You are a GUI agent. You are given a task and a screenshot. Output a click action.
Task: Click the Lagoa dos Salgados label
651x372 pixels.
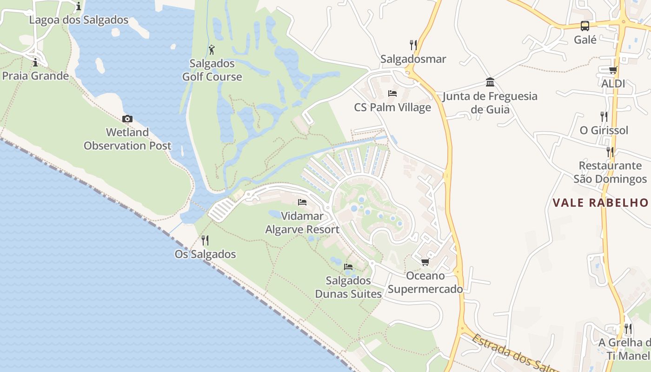click(x=79, y=20)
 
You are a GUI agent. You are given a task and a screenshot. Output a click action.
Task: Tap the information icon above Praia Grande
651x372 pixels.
click(x=35, y=62)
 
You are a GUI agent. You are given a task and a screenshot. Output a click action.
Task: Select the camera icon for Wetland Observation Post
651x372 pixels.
click(x=127, y=119)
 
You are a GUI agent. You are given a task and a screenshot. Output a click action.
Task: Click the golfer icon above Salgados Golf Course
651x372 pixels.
click(x=212, y=49)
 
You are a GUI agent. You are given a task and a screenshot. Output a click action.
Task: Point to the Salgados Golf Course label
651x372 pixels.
click(x=212, y=70)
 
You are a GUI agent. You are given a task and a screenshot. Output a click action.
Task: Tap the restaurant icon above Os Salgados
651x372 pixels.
click(x=205, y=240)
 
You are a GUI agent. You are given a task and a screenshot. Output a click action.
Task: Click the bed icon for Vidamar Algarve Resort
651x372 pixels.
click(x=302, y=202)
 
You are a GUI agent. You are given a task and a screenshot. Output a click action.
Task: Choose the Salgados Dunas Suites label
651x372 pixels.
click(x=348, y=287)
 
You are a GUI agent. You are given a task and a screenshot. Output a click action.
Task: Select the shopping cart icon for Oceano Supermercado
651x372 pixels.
click(x=425, y=262)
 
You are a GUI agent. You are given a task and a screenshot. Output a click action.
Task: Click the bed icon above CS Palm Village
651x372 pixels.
click(x=392, y=93)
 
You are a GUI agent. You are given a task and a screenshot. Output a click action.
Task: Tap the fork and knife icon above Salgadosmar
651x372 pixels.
click(x=413, y=45)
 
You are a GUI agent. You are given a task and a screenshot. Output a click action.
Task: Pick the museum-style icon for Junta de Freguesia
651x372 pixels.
click(x=490, y=82)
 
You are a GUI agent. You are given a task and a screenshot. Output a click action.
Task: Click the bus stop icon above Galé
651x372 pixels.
click(x=585, y=26)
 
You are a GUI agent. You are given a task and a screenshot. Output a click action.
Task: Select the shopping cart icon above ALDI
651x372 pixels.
click(x=613, y=70)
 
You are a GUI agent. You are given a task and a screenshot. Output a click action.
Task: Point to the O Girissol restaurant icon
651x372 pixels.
click(x=604, y=116)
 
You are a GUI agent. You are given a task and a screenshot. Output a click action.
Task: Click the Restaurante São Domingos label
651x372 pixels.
click(x=610, y=173)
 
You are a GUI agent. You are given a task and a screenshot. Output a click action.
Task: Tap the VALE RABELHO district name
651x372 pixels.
click(x=600, y=203)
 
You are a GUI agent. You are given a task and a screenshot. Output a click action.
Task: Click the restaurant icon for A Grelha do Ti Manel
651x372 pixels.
click(x=628, y=329)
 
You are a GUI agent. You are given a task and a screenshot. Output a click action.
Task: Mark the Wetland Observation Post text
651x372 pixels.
click(x=127, y=139)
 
